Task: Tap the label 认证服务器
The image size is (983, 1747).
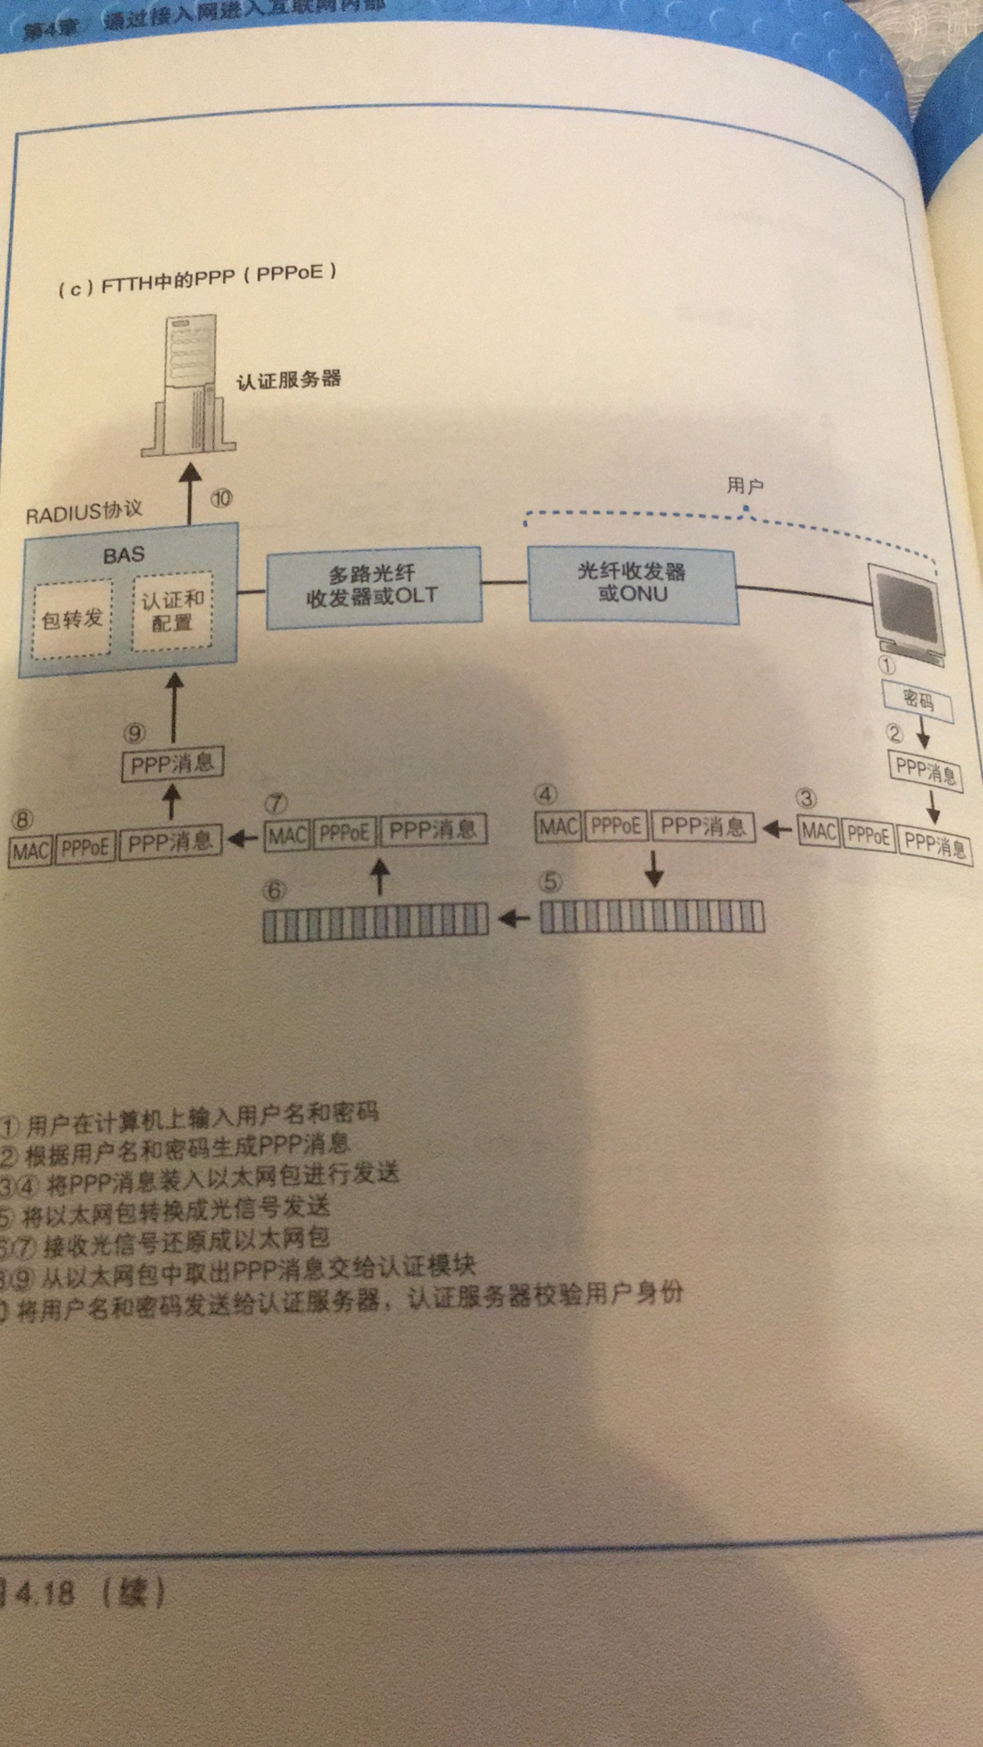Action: (x=289, y=379)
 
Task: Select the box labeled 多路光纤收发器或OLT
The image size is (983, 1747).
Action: (x=373, y=586)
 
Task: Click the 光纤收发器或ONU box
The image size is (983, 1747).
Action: (x=633, y=583)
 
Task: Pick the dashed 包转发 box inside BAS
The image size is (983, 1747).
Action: (x=72, y=620)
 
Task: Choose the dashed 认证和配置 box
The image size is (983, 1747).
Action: (x=172, y=611)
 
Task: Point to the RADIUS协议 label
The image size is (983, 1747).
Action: (x=84, y=512)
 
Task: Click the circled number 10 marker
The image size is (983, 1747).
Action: (x=221, y=498)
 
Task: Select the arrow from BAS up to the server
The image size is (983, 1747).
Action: (x=189, y=492)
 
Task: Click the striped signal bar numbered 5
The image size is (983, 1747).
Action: (x=652, y=917)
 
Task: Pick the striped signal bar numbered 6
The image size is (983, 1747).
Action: (x=375, y=921)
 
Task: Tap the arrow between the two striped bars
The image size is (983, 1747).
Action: (x=514, y=919)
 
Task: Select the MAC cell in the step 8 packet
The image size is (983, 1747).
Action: (x=31, y=851)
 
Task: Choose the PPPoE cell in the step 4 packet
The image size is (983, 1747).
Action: (x=615, y=826)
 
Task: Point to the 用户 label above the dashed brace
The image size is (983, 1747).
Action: (x=745, y=486)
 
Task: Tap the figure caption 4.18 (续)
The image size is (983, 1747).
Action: (x=86, y=1592)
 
